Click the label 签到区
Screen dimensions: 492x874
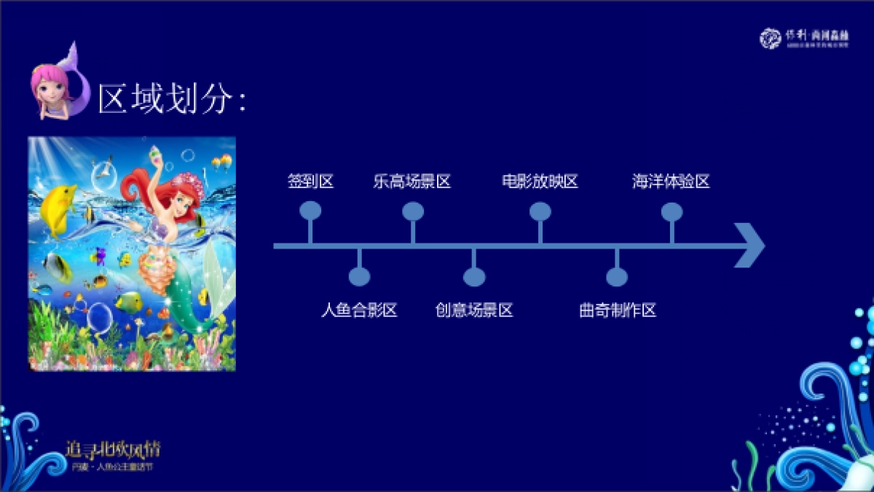coord(310,182)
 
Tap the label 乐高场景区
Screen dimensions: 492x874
coord(412,182)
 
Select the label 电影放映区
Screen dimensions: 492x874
coord(540,182)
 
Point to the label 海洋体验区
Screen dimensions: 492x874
coord(671,182)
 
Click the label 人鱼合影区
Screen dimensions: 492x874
coord(359,311)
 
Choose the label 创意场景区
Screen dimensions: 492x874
coord(474,311)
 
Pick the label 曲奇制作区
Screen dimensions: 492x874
coord(618,311)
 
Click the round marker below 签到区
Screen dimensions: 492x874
coord(310,211)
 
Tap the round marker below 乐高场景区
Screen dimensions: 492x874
coord(413,211)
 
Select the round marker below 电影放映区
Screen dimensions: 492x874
coord(540,211)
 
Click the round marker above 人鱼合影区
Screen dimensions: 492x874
coord(359,277)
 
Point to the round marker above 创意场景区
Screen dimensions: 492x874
coord(474,277)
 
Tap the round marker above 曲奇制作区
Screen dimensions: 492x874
coord(617,277)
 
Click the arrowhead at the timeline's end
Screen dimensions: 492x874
coord(750,246)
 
